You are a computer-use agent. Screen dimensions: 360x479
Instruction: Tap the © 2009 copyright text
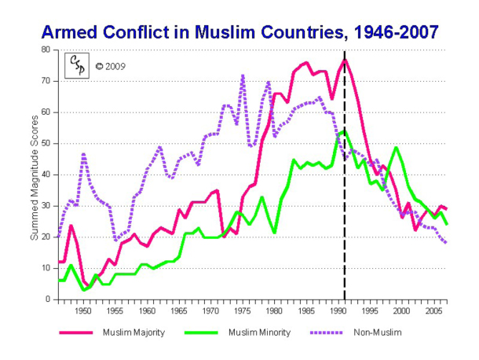110,66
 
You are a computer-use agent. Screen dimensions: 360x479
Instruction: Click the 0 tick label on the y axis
47,299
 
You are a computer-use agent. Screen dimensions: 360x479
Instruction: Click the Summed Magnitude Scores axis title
34,174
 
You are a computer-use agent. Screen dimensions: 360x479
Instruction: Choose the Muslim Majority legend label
134,332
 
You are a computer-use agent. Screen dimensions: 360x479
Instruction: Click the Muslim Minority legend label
260,332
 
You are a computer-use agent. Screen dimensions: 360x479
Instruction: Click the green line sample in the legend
203,332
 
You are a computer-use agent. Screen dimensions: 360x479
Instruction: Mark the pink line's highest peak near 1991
345,60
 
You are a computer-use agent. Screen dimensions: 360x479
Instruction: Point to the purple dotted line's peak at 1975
243,75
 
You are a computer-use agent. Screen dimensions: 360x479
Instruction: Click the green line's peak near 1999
395,147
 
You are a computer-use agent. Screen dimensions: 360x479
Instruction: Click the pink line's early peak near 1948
71,226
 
